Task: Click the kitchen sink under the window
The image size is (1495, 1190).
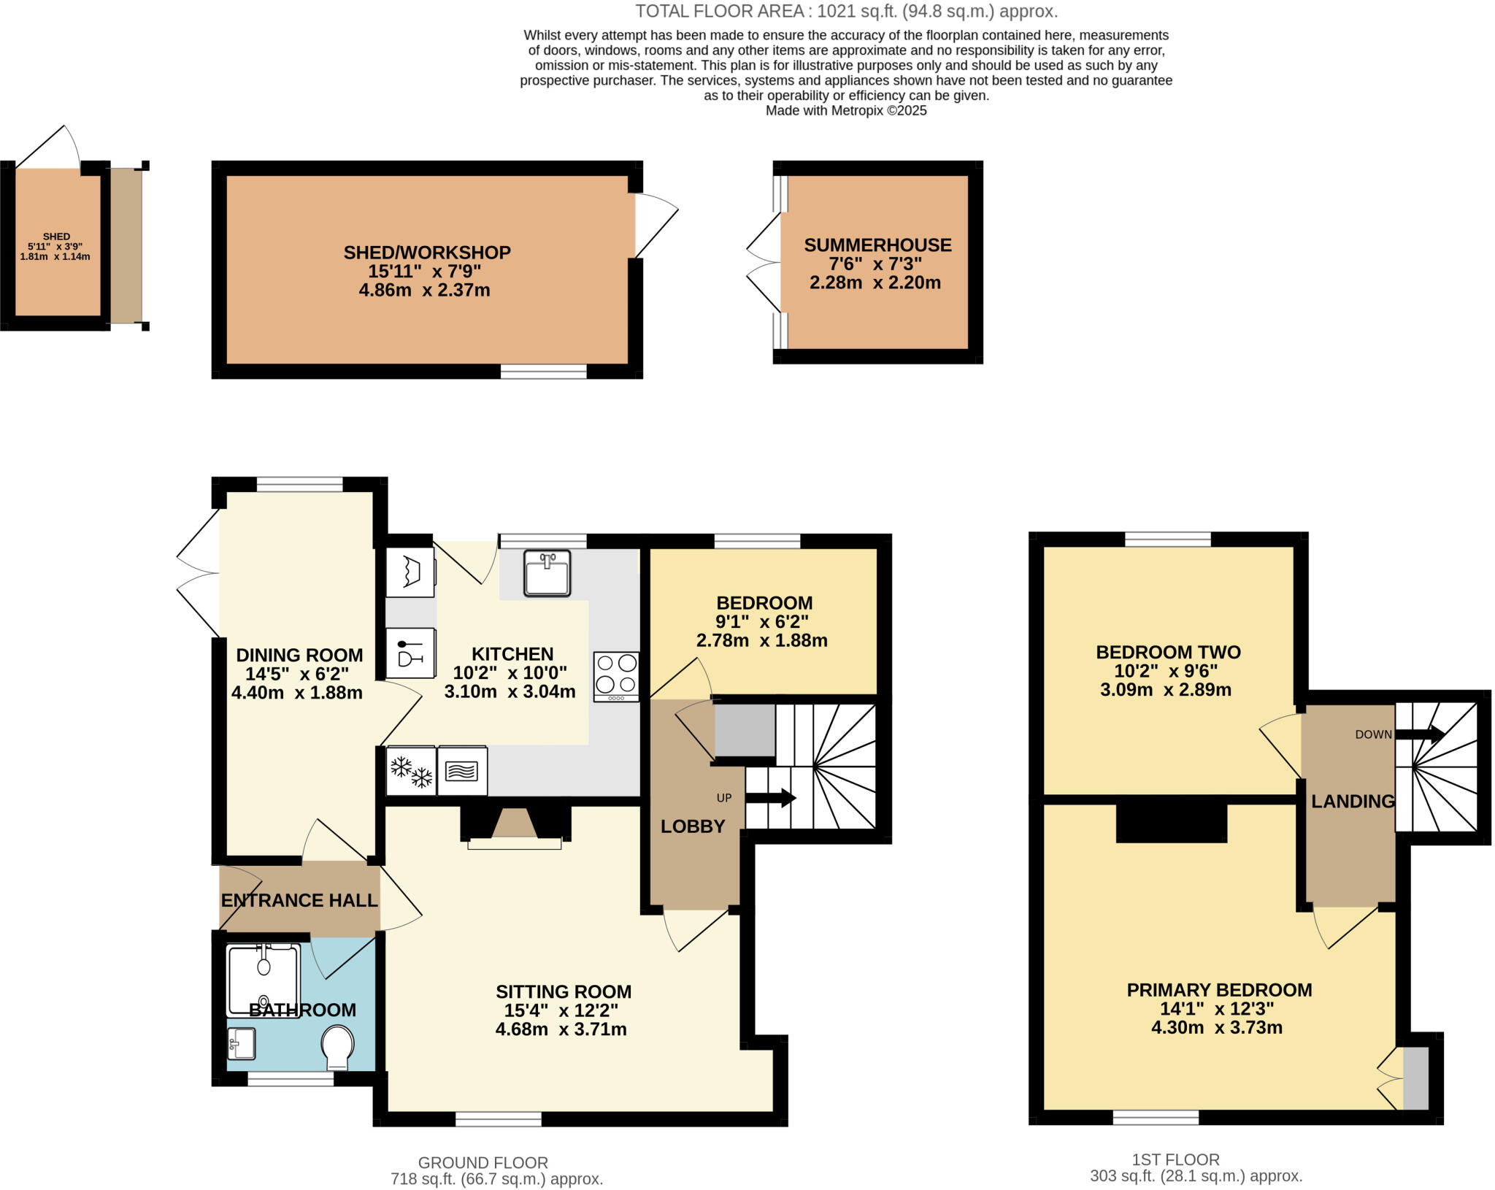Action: point(547,573)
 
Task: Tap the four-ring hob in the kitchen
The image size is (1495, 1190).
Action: point(616,676)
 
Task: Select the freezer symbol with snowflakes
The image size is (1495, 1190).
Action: point(411,771)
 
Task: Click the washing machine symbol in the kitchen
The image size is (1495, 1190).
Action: point(410,572)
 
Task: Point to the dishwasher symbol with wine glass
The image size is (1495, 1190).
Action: point(410,653)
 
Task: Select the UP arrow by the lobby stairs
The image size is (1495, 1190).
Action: point(770,798)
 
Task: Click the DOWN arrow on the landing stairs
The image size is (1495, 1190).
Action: point(1420,734)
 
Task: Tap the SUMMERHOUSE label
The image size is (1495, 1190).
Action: point(877,245)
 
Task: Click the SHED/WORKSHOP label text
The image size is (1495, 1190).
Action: point(427,253)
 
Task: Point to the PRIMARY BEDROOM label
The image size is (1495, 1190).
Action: point(1219,990)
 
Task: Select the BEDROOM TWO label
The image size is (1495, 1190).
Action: point(1168,652)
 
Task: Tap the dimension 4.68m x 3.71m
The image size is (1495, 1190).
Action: point(561,1029)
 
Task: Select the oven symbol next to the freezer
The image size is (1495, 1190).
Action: point(462,771)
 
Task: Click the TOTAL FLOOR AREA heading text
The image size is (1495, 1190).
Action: point(846,11)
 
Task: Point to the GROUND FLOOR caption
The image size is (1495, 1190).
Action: point(483,1162)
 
